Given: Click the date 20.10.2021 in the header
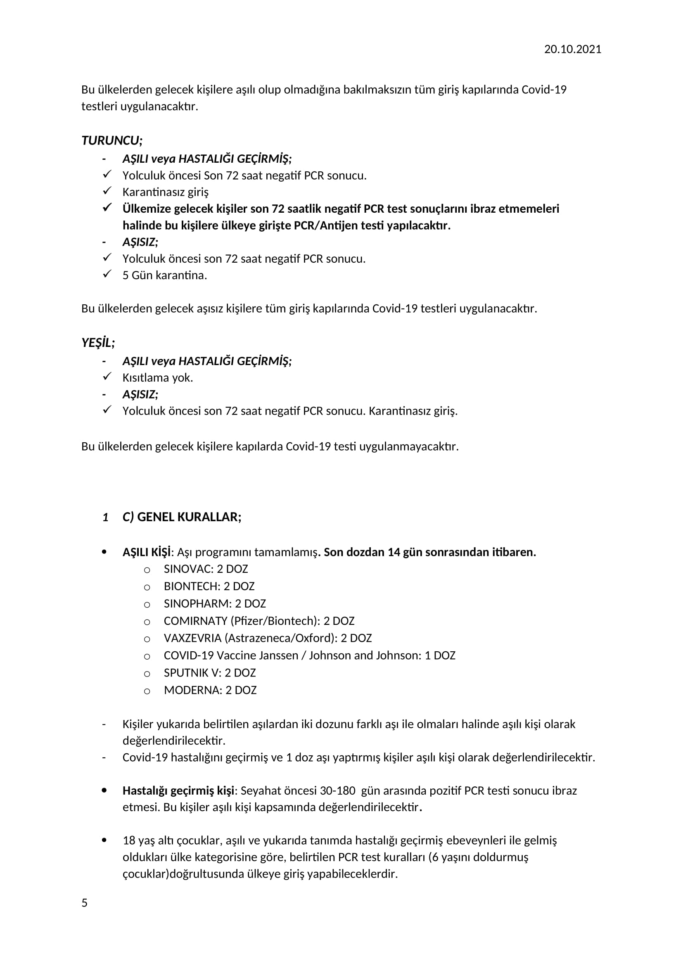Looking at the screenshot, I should coord(572,49).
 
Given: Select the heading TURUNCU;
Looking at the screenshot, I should coord(112,140).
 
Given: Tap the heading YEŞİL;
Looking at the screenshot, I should coord(98,343).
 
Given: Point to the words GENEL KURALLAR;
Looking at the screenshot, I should coord(189,517).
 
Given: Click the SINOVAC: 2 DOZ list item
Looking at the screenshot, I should coord(206,569).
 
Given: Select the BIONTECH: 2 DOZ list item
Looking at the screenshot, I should coord(209,586).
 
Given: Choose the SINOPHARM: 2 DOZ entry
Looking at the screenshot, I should coord(215,604).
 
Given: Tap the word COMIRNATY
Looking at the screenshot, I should coord(196,621).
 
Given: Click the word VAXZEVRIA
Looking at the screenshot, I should coord(192,638).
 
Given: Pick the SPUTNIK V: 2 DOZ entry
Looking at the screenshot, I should coord(210,673).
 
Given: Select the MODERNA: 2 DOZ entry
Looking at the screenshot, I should coord(210,690).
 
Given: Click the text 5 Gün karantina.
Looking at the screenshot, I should coord(164,275).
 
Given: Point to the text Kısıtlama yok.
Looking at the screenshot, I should coord(158,378).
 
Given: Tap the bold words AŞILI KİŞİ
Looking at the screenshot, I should coord(147,552).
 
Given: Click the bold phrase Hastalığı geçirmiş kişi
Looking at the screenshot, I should coord(178,791).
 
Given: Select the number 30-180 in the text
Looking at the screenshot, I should coord(338,791).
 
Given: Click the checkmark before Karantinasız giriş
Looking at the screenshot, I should coord(107,191).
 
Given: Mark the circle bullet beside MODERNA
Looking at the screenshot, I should coord(147,691).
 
